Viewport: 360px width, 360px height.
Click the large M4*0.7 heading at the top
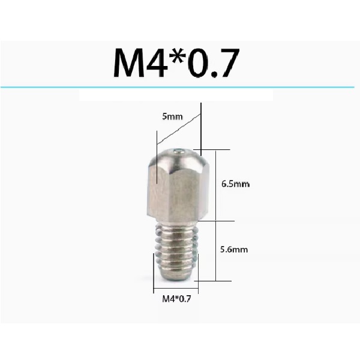(x=178, y=62)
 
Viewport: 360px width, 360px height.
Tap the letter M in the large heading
(x=130, y=62)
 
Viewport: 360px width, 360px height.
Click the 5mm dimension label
(x=171, y=117)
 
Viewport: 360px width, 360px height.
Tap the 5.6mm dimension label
(x=235, y=248)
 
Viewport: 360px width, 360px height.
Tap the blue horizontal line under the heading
(x=180, y=88)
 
